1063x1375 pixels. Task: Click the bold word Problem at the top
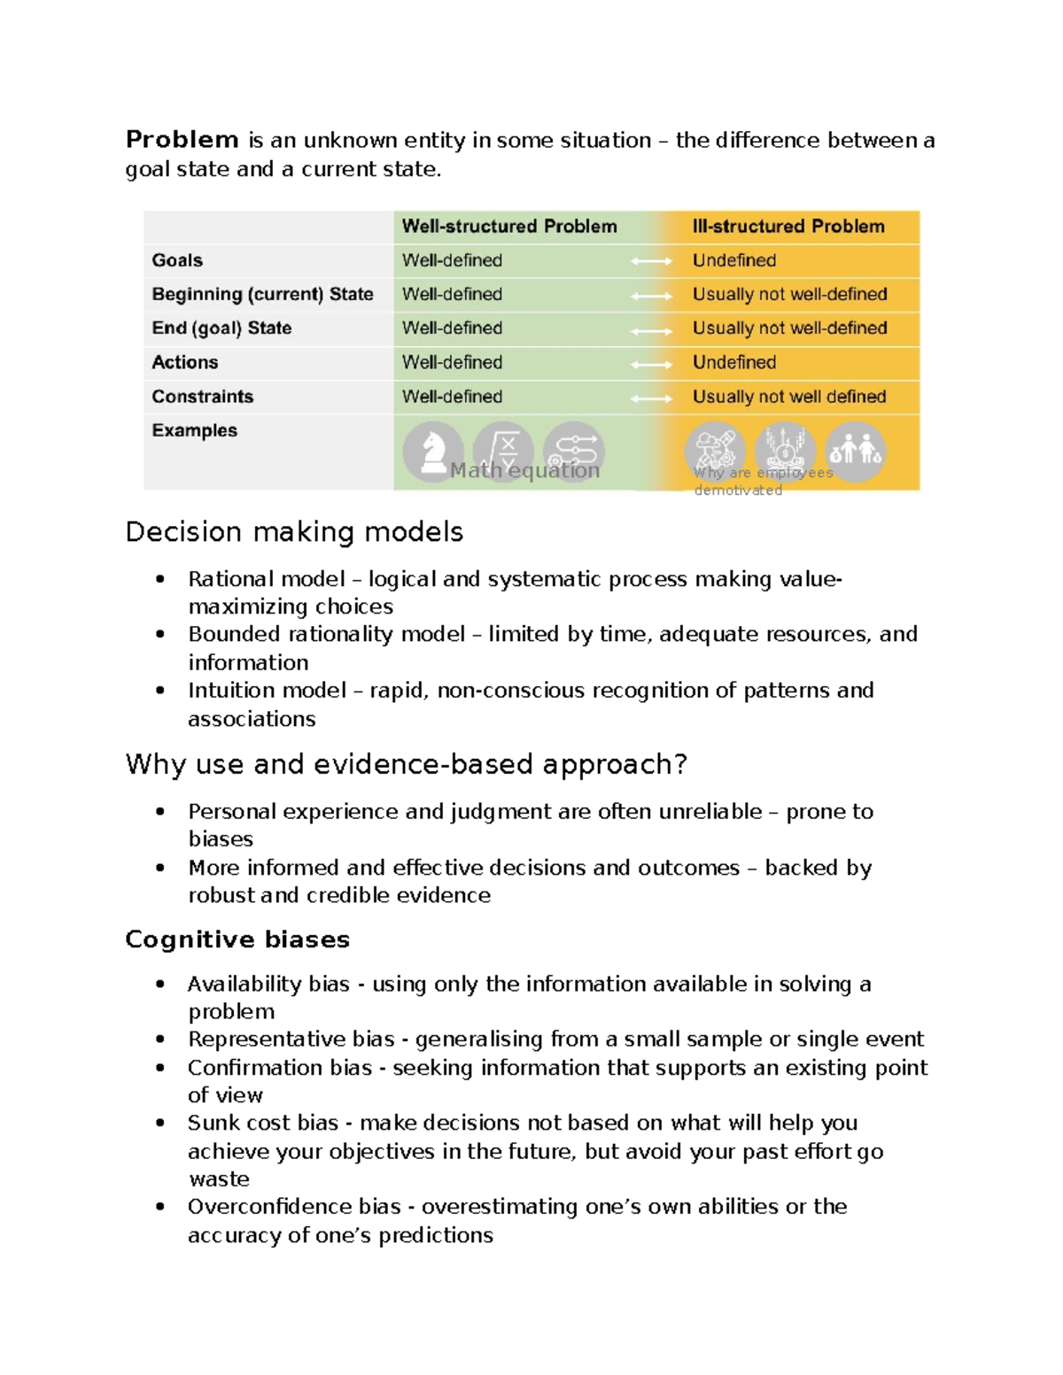point(182,140)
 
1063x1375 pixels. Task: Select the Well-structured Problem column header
point(509,227)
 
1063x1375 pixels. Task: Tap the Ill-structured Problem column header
point(788,227)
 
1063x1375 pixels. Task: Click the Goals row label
point(177,260)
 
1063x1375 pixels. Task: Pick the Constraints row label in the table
point(202,397)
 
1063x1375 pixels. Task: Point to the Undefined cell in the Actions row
point(734,362)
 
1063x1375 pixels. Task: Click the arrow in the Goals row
point(651,261)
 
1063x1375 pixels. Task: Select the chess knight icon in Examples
point(432,451)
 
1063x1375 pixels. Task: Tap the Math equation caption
point(524,471)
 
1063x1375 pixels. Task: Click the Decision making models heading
point(294,531)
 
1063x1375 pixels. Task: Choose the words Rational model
point(266,579)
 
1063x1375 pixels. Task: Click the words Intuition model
point(267,691)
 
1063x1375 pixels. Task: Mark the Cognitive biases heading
point(237,939)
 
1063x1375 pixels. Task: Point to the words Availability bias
point(268,984)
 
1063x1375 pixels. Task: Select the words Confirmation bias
point(279,1068)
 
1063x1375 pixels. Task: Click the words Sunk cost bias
point(263,1123)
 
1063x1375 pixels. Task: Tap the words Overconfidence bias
point(294,1207)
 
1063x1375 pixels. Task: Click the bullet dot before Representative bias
point(160,1039)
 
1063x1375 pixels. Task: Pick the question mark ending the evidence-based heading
point(680,764)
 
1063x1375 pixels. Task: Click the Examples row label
point(194,430)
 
